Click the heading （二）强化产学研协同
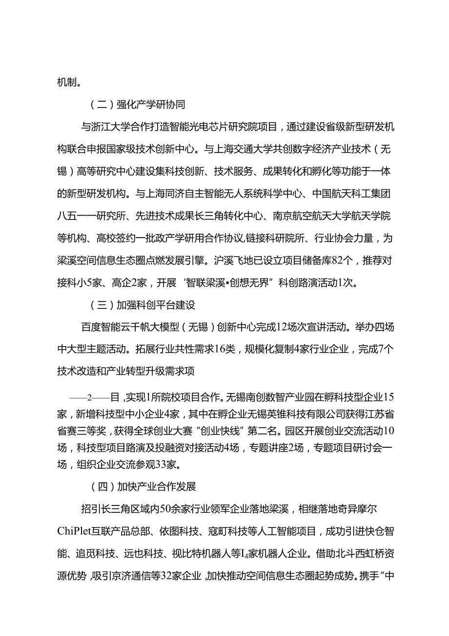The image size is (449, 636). point(137,104)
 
